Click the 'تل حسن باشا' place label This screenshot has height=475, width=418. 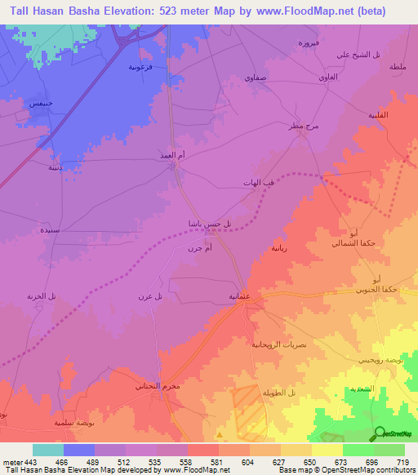pos(221,224)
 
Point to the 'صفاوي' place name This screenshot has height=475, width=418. pos(254,76)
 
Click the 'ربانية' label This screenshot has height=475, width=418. pos(278,246)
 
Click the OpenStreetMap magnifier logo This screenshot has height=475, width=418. pos(380,433)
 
